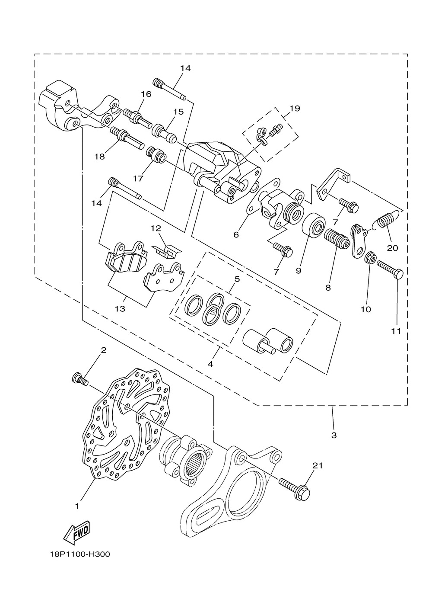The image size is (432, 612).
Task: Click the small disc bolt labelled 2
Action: (79, 379)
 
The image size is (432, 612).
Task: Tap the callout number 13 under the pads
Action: (120, 309)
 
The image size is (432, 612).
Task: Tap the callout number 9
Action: (298, 270)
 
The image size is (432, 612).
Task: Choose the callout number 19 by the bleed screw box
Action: (295, 109)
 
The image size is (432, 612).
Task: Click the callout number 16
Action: (146, 94)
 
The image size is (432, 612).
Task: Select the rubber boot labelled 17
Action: (156, 155)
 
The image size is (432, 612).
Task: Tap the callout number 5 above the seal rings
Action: (237, 279)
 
